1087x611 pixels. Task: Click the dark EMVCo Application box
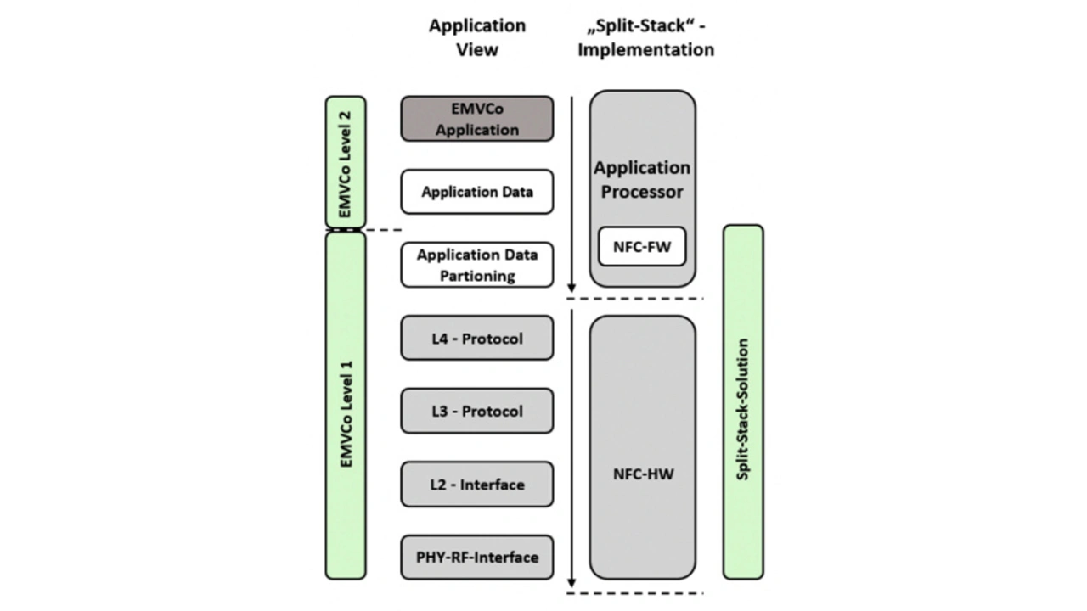pos(476,119)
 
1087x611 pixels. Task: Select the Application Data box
pos(476,192)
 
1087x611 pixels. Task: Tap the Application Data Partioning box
pos(476,265)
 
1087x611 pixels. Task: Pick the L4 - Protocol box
pos(476,339)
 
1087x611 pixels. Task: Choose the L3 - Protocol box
pos(476,412)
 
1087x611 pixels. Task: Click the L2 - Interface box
pos(476,485)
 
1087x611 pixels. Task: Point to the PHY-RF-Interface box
pos(476,558)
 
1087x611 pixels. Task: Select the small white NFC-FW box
pos(642,247)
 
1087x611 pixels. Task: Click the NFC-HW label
pos(643,474)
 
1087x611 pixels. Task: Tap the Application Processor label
pos(642,180)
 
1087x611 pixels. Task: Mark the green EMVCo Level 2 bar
pos(346,162)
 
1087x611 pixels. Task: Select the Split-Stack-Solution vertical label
pos(743,410)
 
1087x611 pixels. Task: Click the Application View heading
pos(476,37)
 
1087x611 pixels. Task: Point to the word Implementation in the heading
pos(645,50)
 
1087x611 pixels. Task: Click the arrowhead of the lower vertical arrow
pos(572,582)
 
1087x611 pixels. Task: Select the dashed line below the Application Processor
pos(635,299)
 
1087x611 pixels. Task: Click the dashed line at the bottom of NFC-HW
pos(635,592)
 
